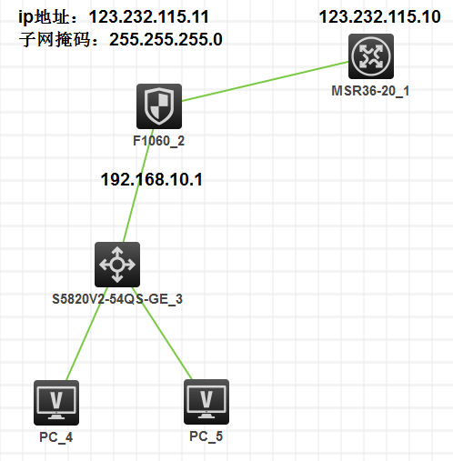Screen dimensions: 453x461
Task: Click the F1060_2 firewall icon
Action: [159, 106]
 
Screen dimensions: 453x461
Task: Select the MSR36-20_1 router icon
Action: [371, 56]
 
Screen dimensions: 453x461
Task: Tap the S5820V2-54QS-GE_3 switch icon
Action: [117, 265]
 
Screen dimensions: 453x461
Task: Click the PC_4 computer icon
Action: [56, 403]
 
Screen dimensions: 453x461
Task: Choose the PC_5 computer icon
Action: [206, 402]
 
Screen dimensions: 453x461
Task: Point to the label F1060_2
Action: [159, 141]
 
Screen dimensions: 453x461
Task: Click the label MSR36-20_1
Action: [370, 91]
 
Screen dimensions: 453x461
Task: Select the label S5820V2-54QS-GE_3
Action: [117, 299]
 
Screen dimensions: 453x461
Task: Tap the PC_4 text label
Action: [56, 437]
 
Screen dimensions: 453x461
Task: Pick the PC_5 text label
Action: [206, 436]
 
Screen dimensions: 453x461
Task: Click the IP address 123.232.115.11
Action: [149, 16]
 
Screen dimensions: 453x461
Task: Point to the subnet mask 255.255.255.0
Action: [166, 39]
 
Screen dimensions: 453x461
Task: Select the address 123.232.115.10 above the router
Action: [380, 16]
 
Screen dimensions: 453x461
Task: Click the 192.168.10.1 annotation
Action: [152, 179]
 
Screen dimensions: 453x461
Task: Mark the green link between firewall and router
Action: [266, 81]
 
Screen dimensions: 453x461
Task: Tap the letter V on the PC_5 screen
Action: [206, 399]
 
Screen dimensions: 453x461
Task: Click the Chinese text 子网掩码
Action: [55, 40]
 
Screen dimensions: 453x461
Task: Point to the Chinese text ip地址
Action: [44, 17]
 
